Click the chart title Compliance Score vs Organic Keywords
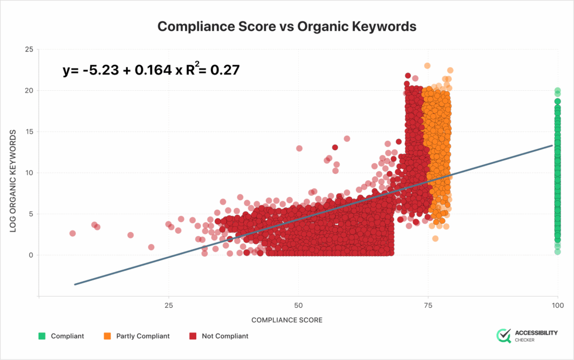coord(286,26)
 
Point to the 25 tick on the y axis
coord(28,50)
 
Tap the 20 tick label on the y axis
coord(28,91)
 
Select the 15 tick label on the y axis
coord(28,132)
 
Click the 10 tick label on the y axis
coord(28,173)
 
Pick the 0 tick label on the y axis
coord(30,255)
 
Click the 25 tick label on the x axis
coord(168,306)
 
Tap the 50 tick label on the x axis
coord(298,306)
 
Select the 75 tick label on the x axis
coord(428,306)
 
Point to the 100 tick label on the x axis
coord(557,306)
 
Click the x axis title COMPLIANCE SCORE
coord(287,320)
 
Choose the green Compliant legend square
coord(41,336)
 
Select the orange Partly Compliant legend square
coord(107,336)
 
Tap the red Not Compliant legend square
coord(192,336)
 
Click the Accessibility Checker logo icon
coord(504,336)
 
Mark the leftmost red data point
coord(72,233)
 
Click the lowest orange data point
coord(435,238)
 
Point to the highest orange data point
coord(427,66)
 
